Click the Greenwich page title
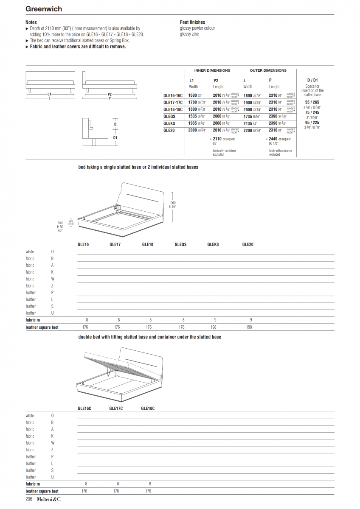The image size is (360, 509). (44, 9)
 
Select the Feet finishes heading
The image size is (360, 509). (192, 22)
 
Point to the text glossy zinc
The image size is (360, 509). (189, 34)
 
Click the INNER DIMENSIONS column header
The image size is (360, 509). (212, 70)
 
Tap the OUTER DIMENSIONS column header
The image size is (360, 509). (268, 70)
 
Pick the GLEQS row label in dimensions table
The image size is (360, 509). (169, 116)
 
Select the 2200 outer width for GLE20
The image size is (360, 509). (247, 130)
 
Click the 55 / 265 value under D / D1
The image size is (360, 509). (312, 102)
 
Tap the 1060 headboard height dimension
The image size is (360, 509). (172, 203)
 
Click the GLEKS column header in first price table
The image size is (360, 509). (213, 244)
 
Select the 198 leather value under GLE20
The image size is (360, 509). (249, 327)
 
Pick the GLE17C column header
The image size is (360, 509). (116, 408)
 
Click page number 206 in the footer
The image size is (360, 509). (29, 499)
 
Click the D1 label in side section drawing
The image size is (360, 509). (115, 138)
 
